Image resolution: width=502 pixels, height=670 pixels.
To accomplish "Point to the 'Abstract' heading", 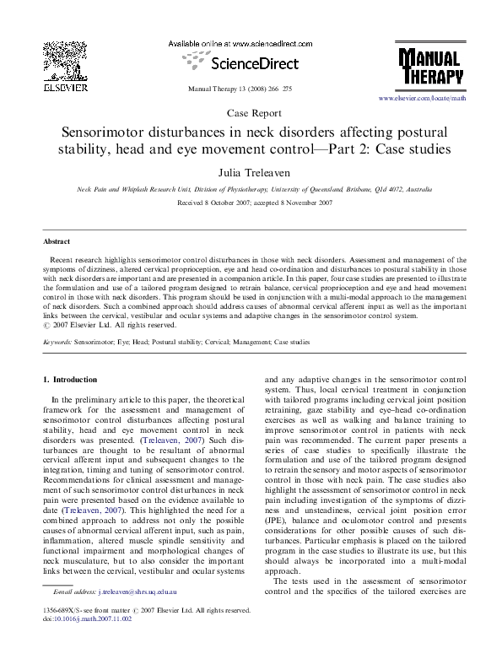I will click(x=57, y=240).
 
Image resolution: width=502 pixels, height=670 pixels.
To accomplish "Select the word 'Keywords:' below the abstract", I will click(x=57, y=343).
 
